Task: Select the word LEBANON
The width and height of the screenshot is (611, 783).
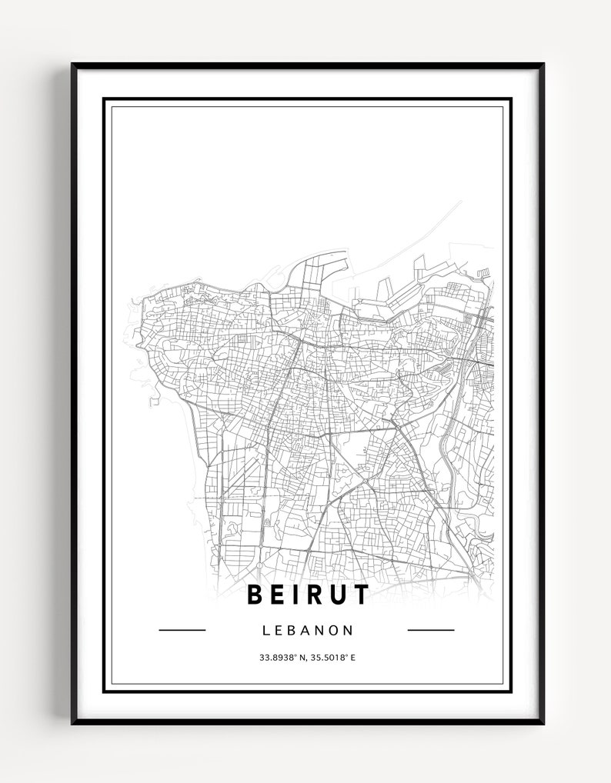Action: click(x=308, y=631)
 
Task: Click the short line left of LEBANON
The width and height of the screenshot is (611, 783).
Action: click(x=182, y=630)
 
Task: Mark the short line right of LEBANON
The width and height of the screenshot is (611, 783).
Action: click(x=430, y=630)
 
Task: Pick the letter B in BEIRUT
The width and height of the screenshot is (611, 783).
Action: click(x=254, y=595)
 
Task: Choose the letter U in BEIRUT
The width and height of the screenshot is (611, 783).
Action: click(x=337, y=595)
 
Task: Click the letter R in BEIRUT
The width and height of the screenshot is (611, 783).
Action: click(x=312, y=595)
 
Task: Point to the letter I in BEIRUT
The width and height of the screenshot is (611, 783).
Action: click(x=295, y=595)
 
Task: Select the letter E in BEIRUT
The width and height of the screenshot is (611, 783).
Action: click(x=277, y=595)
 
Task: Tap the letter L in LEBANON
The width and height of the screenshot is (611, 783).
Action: click(x=266, y=631)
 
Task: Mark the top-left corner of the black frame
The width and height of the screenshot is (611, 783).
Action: click(x=72, y=65)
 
